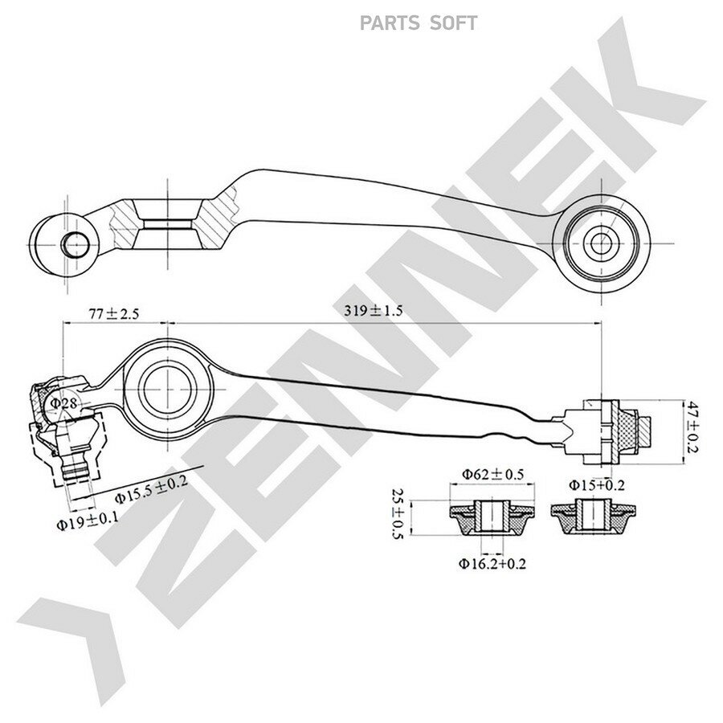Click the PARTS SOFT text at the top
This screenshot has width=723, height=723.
[x=419, y=23]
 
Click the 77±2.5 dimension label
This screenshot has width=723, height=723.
[x=114, y=314]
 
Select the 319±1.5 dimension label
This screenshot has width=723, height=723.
[x=373, y=310]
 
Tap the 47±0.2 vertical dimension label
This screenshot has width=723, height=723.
[x=691, y=427]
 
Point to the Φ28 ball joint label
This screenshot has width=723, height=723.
[x=63, y=403]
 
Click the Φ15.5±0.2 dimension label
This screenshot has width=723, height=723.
[x=152, y=490]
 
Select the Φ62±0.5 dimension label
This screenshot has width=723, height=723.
[x=493, y=474]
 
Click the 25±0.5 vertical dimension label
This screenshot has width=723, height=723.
[x=397, y=513]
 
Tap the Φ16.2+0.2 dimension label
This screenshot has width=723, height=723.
[x=492, y=563]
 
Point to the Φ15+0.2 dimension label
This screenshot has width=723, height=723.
[x=596, y=484]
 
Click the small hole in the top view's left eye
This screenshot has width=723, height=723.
[x=76, y=244]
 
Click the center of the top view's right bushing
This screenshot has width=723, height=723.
[x=601, y=243]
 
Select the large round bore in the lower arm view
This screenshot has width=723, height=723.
[x=168, y=389]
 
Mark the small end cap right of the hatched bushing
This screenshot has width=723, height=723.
[x=645, y=431]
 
